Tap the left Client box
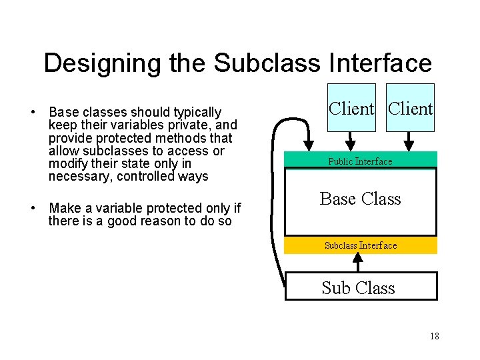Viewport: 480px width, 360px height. (351, 108)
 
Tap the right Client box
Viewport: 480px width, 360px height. (411, 108)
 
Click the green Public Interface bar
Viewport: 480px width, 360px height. (361, 161)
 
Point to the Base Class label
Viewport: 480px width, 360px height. (360, 199)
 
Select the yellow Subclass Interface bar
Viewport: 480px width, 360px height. (361, 245)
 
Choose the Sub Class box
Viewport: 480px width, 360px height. (361, 287)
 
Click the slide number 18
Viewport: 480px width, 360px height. (435, 336)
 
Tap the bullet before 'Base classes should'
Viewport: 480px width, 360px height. (33, 112)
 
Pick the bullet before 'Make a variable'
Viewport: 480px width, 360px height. (33, 207)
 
